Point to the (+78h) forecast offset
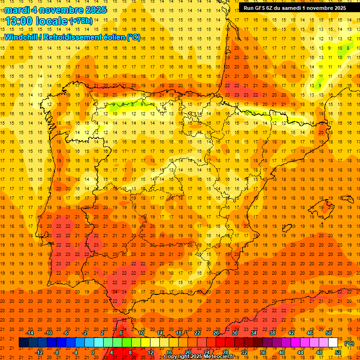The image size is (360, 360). click(81, 21)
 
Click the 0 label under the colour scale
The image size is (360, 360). click(93, 352)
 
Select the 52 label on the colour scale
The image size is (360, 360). click(337, 352)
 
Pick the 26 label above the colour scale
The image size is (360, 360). click(216, 333)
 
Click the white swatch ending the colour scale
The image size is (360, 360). click(333, 343)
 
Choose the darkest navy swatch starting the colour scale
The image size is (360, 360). click(23, 343)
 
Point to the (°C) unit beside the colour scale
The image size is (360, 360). click(349, 343)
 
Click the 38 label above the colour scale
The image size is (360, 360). click(272, 333)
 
